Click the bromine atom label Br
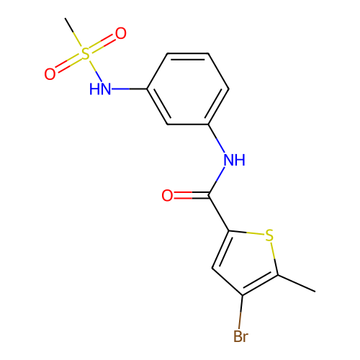tap(240, 336)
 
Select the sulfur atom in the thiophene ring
tap(269, 235)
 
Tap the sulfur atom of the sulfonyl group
tap(85, 53)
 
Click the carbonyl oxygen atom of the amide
tap(167, 195)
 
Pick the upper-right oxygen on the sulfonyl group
tap(121, 33)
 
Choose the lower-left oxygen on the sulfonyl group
tap(50, 74)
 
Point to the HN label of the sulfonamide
tap(100, 89)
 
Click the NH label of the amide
tap(235, 160)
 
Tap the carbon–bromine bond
tap(240, 312)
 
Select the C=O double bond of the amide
tap(192, 195)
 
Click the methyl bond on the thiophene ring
tap(297, 284)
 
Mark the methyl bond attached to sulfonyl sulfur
tap(73, 32)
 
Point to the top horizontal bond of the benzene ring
tap(188, 53)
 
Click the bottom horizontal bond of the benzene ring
tap(188, 125)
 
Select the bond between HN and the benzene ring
tap(130, 89)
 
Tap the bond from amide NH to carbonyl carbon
tap(217, 181)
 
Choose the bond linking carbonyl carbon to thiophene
tap(219, 213)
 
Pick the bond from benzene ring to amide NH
tap(217, 138)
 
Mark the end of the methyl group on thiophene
tap(315, 292)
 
